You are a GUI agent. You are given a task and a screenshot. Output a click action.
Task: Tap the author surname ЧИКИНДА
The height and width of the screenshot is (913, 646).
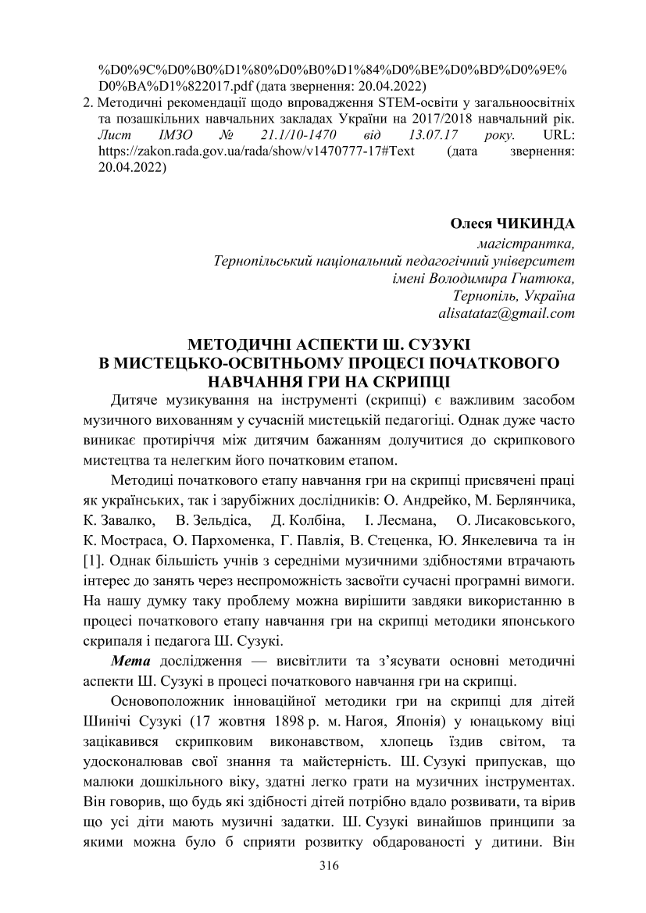point(535,223)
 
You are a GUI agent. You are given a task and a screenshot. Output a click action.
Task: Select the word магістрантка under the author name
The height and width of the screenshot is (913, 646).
point(530,242)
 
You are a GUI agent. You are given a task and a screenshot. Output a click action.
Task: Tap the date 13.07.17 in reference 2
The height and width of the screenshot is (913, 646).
point(420,135)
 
